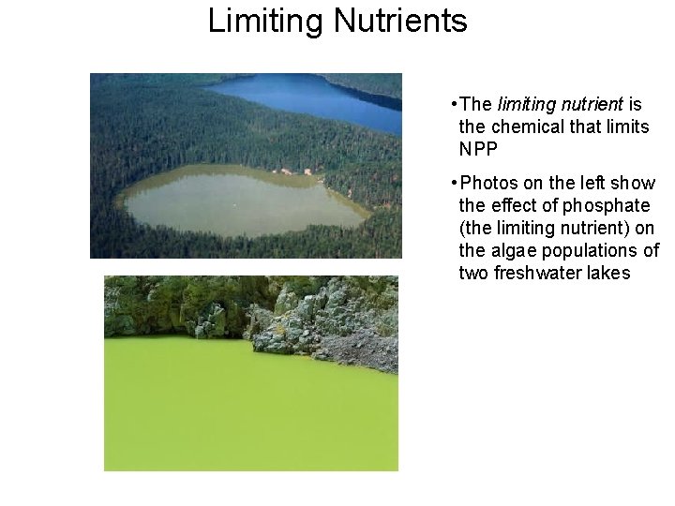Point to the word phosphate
[x=604, y=205]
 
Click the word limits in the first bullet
[x=626, y=126]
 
